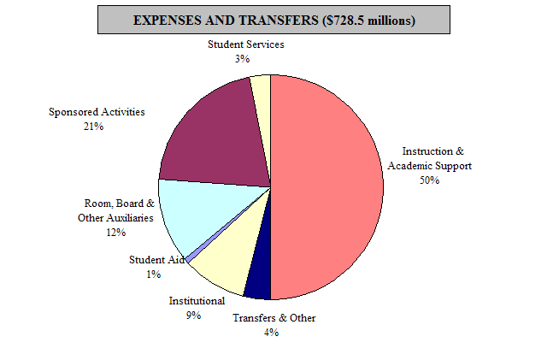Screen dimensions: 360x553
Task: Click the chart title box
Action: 274,20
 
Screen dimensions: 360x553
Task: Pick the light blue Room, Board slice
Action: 188,214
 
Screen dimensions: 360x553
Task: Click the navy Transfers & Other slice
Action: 258,278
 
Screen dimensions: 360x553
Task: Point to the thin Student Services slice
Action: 262,94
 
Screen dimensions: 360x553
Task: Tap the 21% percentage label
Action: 93,126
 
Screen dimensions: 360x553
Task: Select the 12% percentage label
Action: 116,232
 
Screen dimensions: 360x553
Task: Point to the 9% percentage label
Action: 193,315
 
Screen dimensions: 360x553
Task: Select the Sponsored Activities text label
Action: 97,112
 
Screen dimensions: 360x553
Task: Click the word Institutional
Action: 197,301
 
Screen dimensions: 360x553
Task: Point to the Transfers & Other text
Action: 274,318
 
